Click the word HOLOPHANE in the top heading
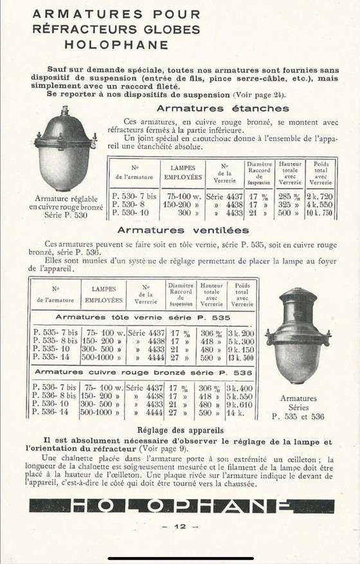(x=116, y=45)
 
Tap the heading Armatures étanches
(x=222, y=109)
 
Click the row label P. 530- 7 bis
(x=134, y=195)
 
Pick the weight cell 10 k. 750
(x=319, y=213)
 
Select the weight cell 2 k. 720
(x=319, y=195)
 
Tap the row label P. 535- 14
(x=55, y=358)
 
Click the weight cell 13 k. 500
(x=241, y=358)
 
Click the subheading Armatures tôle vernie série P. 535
(x=143, y=317)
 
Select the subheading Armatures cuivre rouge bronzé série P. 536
(x=143, y=372)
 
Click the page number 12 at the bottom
(x=180, y=527)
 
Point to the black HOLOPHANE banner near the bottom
(x=181, y=506)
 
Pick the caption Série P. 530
(x=65, y=215)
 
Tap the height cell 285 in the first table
(x=289, y=195)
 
